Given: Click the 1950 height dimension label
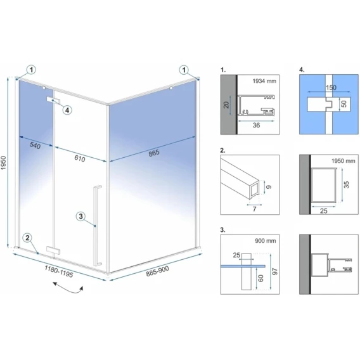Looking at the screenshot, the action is pos(3,162).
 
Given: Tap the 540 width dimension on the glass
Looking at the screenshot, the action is pos(35,145).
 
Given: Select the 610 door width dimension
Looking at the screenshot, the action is pos(80,158).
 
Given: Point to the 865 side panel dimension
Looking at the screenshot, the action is pos(154,153).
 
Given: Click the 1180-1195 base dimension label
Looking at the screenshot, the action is pos(59,271).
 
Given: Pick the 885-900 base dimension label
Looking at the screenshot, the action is pos(157,271).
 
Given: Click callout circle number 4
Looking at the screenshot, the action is pos(67,110).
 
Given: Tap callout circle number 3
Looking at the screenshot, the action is pos(80,216).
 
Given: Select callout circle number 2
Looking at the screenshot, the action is pos(27,238).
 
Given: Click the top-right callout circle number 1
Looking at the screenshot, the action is pos(184,70).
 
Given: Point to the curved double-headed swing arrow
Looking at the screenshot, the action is pos(68,288).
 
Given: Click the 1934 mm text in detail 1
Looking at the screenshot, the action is pos(264,81).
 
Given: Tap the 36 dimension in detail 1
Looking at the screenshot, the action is pos(256,125).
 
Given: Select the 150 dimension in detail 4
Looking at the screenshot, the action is pos(331,87).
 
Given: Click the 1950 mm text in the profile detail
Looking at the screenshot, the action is pos(344,161).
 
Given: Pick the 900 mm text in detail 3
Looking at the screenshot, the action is pos(266,241).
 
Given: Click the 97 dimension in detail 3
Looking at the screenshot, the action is pos(274,271).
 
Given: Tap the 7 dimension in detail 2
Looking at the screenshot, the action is pos(254,209).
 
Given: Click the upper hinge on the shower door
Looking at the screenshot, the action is pos(53,100).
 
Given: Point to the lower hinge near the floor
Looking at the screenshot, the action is pos(53,250).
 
